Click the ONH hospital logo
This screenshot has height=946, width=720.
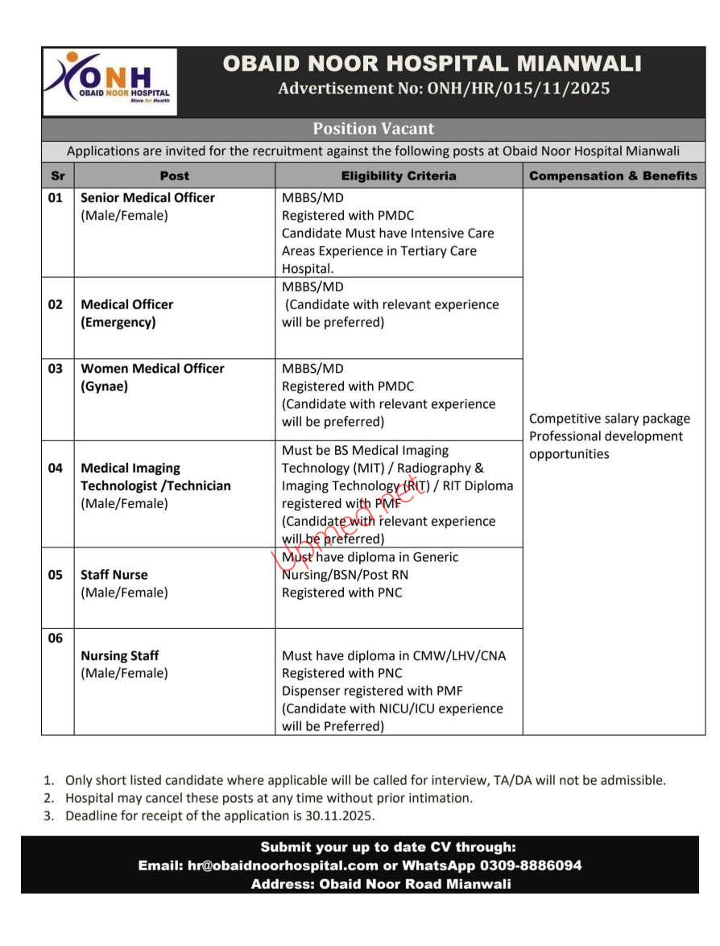110,81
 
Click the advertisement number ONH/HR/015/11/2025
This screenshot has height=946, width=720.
444,89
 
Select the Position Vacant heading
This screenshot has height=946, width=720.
373,129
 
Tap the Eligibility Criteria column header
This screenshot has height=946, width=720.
399,176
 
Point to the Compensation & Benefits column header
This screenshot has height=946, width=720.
613,176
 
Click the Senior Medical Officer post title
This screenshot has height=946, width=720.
147,197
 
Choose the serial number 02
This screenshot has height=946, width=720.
56,304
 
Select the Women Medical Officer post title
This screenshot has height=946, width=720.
152,368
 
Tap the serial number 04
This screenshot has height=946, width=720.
56,468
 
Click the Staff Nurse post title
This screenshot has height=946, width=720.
114,575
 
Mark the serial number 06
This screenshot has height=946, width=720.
56,638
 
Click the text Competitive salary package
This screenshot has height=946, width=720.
610,419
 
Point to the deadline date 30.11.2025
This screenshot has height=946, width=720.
344,816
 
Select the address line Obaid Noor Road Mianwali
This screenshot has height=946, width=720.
415,884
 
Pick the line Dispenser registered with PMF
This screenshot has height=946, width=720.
372,691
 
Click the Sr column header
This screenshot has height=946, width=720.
58,176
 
